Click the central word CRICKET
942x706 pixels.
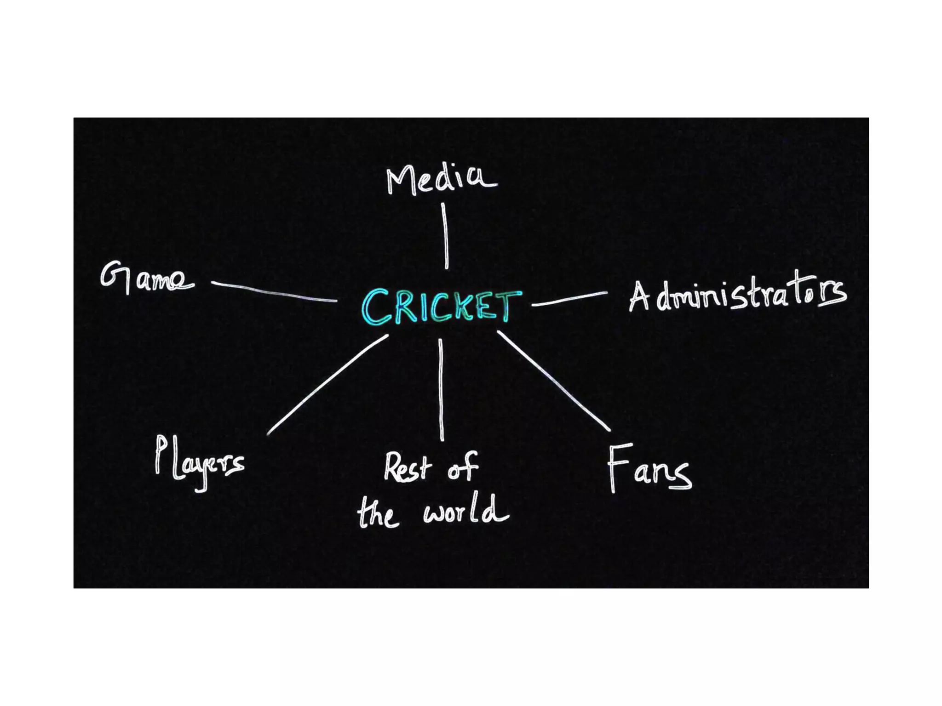442,306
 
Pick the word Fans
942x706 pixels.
649,469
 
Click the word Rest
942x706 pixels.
408,468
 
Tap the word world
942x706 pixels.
465,511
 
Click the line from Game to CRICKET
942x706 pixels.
274,292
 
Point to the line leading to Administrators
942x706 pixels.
569,299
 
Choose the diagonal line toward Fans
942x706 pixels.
554,381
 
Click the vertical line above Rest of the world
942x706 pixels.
441,390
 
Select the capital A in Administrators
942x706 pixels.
639,297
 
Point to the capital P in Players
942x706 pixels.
160,454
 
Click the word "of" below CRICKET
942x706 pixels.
463,467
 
